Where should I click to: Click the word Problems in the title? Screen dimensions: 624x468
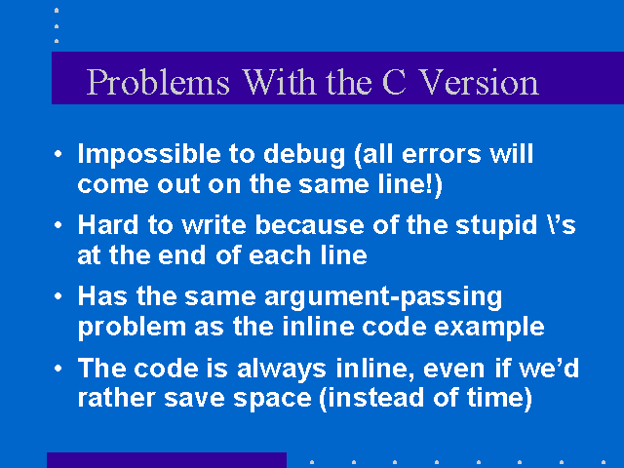pos(158,83)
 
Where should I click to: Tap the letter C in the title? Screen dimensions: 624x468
pos(394,82)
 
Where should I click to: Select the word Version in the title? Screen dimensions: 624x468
pos(479,82)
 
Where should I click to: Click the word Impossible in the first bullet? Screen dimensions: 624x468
pos(149,154)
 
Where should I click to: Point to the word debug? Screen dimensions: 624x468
pos(304,154)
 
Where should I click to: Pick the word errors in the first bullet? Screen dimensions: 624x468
pos(442,154)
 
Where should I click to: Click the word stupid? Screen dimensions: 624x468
pos(496,226)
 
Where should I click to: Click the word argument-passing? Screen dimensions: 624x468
pos(383,297)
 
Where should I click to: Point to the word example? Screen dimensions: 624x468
pos(489,328)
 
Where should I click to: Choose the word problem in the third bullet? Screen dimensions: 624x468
pos(132,328)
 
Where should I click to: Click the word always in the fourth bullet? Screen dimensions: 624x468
pos(282,369)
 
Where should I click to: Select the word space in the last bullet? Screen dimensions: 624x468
pos(272,399)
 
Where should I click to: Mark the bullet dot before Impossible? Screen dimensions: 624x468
pos(58,154)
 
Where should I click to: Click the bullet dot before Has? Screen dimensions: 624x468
pos(58,296)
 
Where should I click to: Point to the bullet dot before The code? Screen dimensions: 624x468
pos(58,369)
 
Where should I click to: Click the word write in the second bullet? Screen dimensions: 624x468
pos(214,225)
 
